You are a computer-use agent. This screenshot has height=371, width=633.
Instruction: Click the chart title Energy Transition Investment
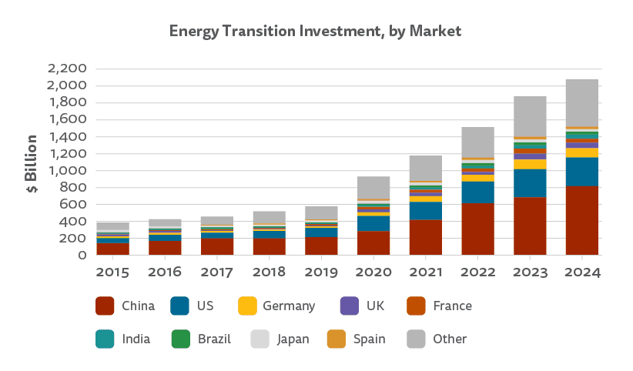[x=315, y=32]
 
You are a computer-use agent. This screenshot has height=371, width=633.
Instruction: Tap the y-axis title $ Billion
[x=32, y=164]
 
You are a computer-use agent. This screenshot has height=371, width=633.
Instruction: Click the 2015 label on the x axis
[x=113, y=272]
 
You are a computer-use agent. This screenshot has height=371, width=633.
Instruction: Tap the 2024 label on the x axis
[x=582, y=272]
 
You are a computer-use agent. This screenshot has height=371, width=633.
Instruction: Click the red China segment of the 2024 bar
[x=582, y=220]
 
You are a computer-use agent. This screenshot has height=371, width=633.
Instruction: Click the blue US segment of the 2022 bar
[x=478, y=192]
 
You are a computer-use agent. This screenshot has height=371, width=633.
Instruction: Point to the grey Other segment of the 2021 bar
[x=426, y=168]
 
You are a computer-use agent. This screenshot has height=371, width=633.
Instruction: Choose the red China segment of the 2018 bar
[x=270, y=246]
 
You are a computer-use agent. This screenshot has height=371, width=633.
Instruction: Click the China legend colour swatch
[x=105, y=306]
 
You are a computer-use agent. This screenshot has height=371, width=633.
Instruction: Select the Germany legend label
[x=289, y=306]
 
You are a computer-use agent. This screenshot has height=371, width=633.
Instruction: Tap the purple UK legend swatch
[x=349, y=306]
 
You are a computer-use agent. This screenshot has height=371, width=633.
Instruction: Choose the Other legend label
[x=450, y=339]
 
